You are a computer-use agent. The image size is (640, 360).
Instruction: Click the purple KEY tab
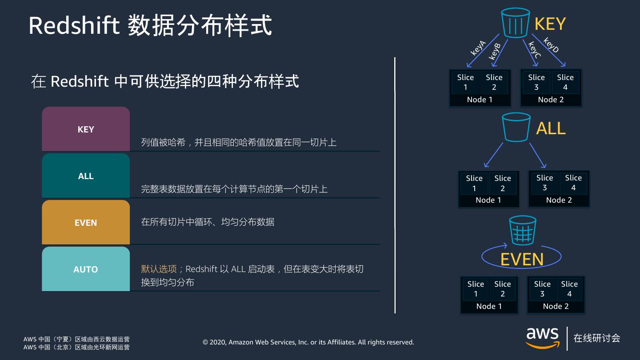tap(86, 129)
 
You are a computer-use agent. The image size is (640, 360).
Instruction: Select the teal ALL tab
tap(86, 176)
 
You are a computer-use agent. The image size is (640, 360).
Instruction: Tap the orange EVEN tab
tap(86, 223)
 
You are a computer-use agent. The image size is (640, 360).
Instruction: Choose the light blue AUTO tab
tap(86, 269)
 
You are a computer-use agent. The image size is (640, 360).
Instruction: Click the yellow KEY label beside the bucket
tap(550, 24)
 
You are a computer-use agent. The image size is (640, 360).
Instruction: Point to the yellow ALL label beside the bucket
tap(551, 128)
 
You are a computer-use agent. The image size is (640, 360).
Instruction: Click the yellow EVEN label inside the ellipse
tap(522, 260)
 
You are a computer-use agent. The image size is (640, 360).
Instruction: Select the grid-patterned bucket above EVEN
tap(523, 230)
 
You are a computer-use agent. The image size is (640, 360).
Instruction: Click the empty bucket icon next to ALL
tap(516, 127)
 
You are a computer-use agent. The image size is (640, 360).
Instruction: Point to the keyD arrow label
tap(551, 45)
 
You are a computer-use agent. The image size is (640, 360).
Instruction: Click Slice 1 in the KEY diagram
tap(465, 82)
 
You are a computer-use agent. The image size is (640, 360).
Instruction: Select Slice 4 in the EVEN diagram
tap(569, 289)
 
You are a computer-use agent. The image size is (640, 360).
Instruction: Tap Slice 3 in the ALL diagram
tap(544, 183)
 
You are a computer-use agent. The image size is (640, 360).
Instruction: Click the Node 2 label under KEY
tap(551, 100)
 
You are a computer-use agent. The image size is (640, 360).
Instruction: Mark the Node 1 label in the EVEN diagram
tap(489, 306)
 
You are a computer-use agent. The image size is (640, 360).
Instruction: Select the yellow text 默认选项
tap(159, 269)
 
